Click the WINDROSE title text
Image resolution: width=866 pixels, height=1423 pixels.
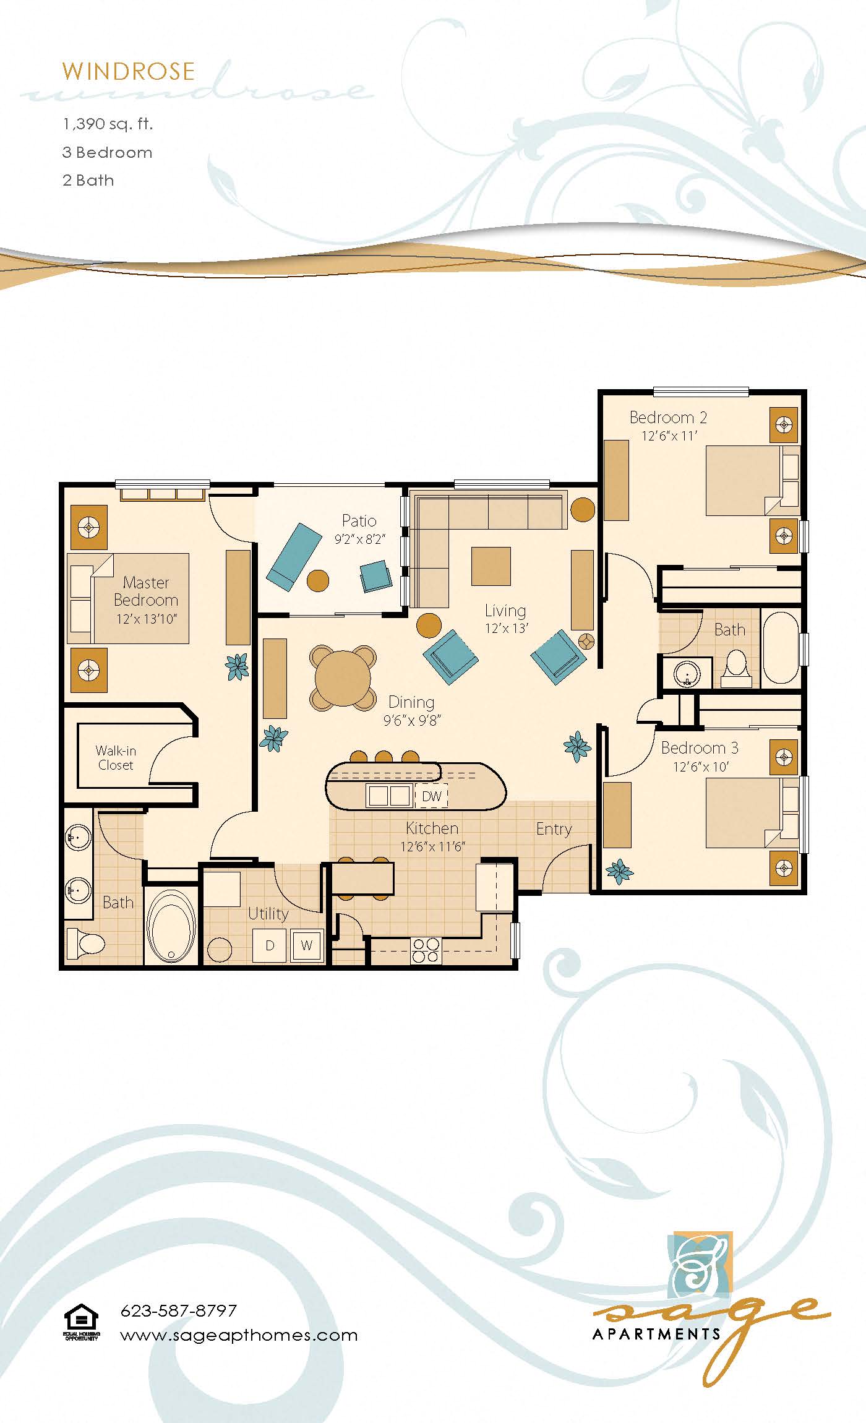tap(128, 72)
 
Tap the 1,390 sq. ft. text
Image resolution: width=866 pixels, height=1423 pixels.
tap(108, 124)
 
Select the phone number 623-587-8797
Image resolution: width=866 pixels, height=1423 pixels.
tap(178, 1310)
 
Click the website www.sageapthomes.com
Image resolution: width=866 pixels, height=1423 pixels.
tap(239, 1335)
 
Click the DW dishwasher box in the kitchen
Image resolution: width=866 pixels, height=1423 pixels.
tap(431, 796)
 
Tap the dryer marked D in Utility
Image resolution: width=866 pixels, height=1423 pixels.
tap(270, 945)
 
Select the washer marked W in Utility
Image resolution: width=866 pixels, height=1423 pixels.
tap(307, 945)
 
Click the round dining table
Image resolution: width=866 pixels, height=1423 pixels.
tap(343, 677)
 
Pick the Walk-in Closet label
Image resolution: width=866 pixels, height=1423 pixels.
tap(116, 758)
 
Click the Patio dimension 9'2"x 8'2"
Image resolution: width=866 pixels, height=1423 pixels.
tap(359, 540)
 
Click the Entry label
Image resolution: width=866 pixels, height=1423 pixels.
tap(554, 829)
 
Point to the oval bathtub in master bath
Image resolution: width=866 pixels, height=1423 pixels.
tap(171, 926)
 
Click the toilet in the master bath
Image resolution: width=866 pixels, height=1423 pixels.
tap(85, 943)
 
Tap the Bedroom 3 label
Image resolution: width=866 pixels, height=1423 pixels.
tap(700, 748)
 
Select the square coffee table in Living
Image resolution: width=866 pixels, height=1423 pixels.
tap(491, 566)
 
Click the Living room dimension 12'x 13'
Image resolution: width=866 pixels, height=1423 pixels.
tap(506, 628)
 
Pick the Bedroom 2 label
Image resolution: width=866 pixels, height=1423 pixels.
tap(668, 418)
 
